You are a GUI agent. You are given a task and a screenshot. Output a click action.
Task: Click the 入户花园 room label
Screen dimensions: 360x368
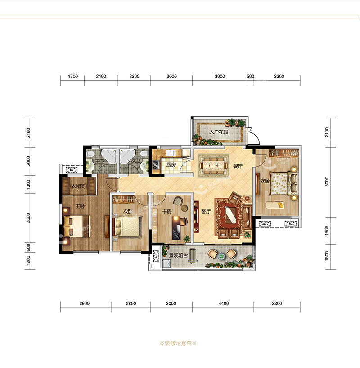click(219, 132)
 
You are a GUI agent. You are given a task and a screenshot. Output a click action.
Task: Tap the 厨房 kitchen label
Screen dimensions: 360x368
click(171, 164)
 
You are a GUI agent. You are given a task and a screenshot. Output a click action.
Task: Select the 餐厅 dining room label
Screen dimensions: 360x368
click(238, 166)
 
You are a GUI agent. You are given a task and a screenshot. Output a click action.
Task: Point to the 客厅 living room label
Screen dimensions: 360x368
click(206, 211)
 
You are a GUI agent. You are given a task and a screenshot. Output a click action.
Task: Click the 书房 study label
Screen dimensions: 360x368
click(167, 211)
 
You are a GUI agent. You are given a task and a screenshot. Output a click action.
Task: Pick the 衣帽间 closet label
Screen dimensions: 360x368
click(78, 186)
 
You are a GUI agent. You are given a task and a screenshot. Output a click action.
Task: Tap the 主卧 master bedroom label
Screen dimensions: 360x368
click(80, 206)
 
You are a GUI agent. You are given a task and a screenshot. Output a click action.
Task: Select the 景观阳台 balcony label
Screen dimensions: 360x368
click(179, 255)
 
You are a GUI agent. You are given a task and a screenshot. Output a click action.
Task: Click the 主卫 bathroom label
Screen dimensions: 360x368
click(100, 161)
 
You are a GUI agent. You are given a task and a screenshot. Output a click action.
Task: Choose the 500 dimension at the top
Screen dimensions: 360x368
click(250, 77)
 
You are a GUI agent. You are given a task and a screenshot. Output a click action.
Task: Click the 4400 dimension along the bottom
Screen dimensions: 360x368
click(224, 304)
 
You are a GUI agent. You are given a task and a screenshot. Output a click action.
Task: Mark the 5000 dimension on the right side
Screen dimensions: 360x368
click(327, 182)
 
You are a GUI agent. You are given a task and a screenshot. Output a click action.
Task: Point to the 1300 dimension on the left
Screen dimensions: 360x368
click(28, 185)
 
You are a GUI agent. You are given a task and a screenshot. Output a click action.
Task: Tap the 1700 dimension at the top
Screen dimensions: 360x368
click(73, 77)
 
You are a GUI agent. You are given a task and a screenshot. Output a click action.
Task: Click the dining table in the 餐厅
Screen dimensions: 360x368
click(214, 166)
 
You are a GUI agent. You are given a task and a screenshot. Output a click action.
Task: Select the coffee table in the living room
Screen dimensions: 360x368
click(231, 215)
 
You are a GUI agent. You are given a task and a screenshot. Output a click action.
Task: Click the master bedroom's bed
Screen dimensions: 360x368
click(76, 227)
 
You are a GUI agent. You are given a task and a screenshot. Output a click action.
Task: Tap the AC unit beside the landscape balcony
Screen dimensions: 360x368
click(156, 256)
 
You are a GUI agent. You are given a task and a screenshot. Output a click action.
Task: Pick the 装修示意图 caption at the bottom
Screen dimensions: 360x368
click(178, 343)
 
